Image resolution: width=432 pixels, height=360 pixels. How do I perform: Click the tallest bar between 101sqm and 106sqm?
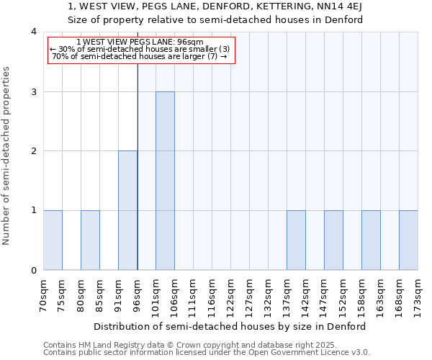pos(165,181)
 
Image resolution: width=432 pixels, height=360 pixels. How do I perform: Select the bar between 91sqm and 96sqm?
pos(127,210)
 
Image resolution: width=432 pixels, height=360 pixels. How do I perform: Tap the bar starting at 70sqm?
pos(53,240)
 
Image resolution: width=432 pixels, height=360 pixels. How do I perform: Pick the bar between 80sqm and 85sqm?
pos(90,240)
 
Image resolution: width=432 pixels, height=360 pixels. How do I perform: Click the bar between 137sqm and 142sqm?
pos(296,240)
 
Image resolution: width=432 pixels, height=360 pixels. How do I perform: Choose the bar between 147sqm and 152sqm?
pos(333,240)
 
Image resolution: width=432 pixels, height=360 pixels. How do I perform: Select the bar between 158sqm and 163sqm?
pos(371,240)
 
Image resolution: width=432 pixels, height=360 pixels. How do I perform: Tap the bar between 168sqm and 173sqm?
pos(408,240)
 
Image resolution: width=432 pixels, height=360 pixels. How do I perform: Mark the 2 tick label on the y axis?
pos(33,151)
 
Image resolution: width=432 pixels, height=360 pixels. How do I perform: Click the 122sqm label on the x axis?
pos(231,294)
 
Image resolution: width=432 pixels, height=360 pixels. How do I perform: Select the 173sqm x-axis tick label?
pos(418,294)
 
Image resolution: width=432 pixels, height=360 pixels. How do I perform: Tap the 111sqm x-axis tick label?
pos(194,294)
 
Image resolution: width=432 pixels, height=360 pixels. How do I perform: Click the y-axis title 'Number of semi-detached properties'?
pos(6,156)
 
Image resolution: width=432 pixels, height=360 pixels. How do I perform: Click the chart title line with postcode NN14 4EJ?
pos(215,6)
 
